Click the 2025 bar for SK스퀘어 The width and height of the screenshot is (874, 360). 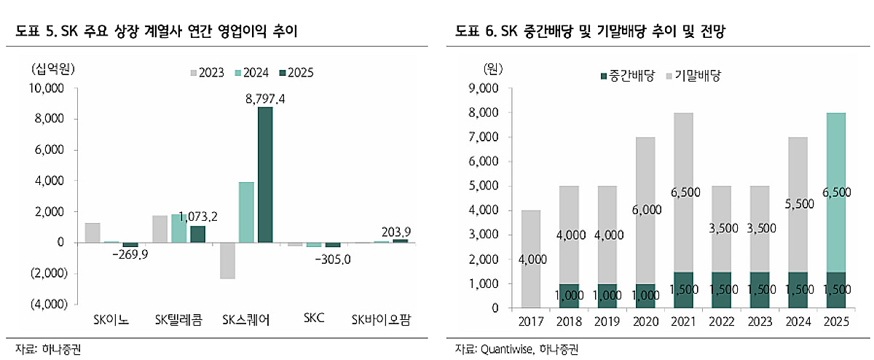click(265, 175)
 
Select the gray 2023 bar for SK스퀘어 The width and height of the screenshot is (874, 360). click(227, 260)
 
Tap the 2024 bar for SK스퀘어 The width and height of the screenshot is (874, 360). click(246, 212)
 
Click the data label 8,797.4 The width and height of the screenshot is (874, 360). click(264, 100)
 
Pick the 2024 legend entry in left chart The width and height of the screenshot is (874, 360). click(252, 73)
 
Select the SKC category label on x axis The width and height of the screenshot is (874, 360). click(314, 319)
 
